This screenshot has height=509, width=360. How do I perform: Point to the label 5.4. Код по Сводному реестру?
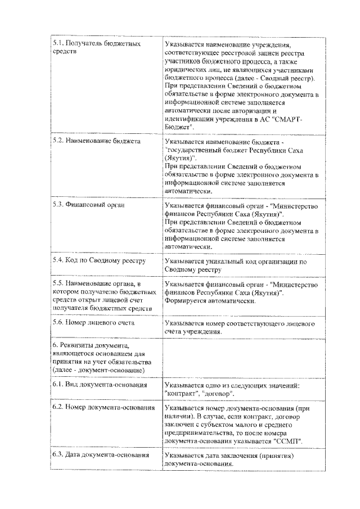(x=99, y=261)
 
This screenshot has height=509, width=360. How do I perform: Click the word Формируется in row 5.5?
(x=187, y=301)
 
